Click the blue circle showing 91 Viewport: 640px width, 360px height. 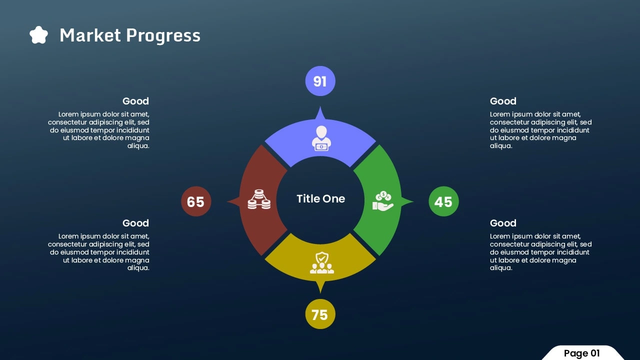click(320, 81)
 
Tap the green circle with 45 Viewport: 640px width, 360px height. click(443, 201)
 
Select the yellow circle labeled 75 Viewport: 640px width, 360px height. click(320, 314)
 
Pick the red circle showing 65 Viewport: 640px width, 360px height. click(196, 201)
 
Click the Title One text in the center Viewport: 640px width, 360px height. click(321, 198)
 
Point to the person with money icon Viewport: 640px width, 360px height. click(321, 138)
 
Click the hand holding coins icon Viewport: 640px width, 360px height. click(383, 201)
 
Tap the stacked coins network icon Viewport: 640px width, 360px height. click(259, 199)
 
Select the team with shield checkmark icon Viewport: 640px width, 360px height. click(321, 262)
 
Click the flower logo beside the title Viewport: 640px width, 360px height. click(38, 35)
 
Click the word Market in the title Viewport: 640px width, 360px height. click(90, 35)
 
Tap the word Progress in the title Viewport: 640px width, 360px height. click(163, 36)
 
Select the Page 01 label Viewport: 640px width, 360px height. click(581, 353)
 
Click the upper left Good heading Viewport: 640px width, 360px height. click(135, 101)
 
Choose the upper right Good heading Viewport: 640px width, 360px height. click(503, 101)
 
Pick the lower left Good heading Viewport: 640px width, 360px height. click(135, 223)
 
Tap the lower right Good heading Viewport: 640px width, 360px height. click(503, 223)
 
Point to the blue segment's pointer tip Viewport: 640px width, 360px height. click(320, 106)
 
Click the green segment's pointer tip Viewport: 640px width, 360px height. click(413, 201)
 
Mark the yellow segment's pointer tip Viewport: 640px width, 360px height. click(320, 293)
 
